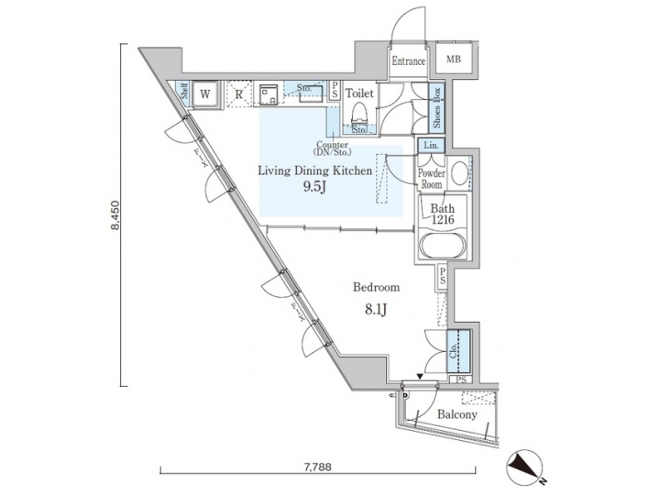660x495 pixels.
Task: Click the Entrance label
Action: (x=408, y=61)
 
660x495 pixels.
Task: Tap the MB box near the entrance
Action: (x=453, y=60)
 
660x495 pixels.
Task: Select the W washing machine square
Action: (x=206, y=93)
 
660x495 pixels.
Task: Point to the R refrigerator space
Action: (x=237, y=93)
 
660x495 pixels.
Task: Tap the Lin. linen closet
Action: (x=432, y=146)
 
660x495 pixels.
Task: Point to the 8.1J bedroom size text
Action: (x=378, y=308)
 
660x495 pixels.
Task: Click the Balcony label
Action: (x=456, y=414)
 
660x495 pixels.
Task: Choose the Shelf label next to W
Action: (x=184, y=92)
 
